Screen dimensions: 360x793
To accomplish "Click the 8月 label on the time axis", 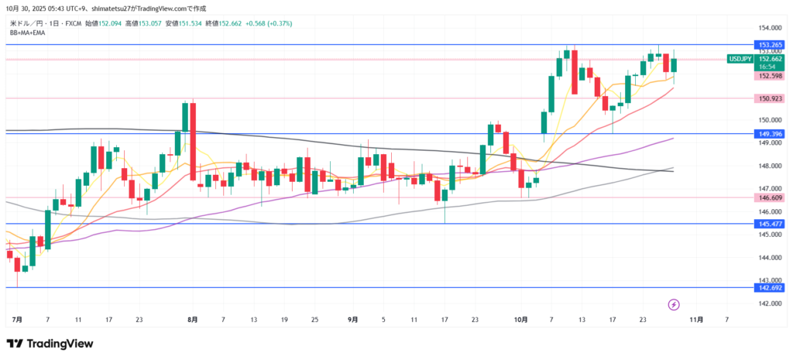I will pos(193,319).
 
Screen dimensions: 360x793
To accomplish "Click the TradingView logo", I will pos(50,344).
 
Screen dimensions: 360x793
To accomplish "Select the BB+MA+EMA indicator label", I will pos(26,32).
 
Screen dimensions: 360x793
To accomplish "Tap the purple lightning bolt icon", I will pos(674,304).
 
